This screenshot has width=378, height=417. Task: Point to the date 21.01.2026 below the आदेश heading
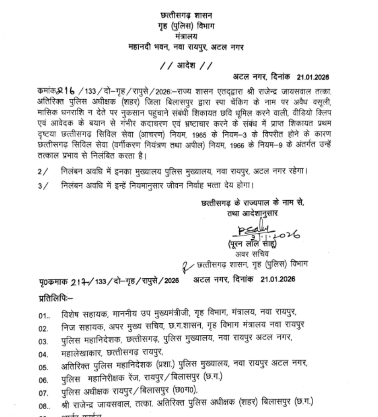click(x=316, y=77)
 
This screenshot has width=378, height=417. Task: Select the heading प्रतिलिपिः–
click(x=53, y=298)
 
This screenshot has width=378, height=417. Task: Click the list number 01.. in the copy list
click(x=45, y=316)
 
